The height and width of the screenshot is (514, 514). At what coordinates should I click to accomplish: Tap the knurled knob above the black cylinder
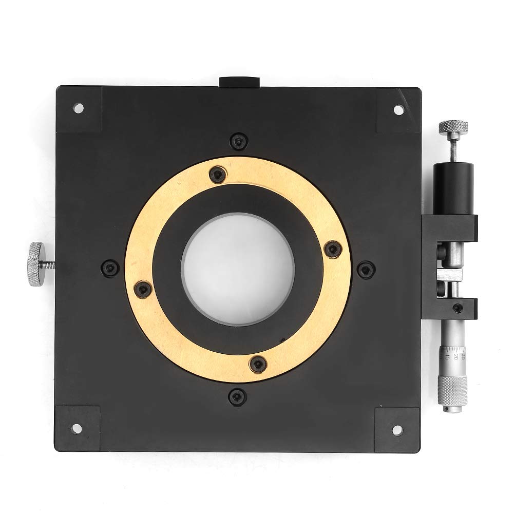(453, 126)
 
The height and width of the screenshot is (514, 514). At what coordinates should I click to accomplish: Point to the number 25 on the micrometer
(464, 356)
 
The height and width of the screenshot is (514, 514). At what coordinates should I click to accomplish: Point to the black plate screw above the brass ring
(237, 140)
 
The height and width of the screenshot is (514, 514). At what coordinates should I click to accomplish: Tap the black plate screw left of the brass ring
(109, 267)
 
